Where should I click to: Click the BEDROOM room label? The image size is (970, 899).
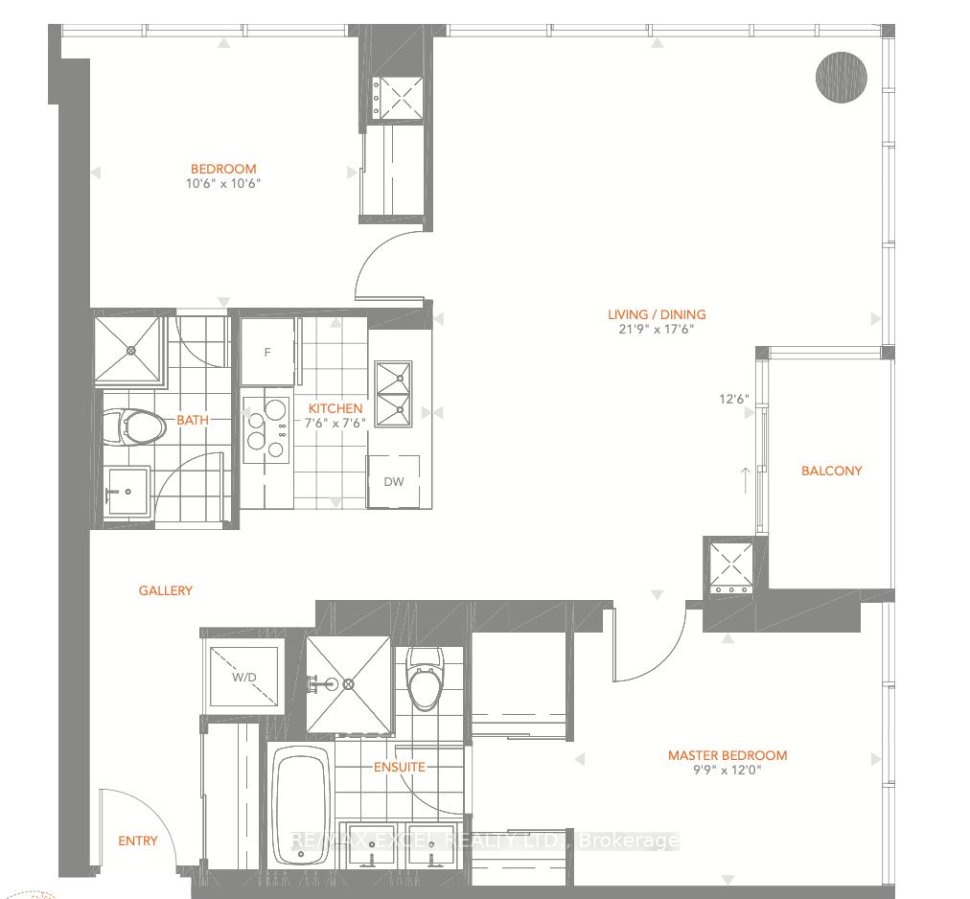click(x=223, y=169)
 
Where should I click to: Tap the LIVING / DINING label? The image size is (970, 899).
click(x=657, y=314)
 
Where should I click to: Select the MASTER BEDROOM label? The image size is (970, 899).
click(x=727, y=755)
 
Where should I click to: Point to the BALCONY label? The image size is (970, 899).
click(x=831, y=471)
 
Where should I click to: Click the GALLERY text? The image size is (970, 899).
click(x=165, y=591)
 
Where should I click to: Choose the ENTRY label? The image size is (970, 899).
click(x=138, y=841)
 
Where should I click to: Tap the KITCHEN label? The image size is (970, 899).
click(x=335, y=408)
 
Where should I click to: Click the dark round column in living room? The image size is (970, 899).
click(x=842, y=78)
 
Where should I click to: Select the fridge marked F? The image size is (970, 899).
click(x=267, y=352)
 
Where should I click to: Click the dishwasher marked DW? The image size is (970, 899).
click(x=393, y=481)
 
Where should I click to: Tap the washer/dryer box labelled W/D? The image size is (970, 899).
click(x=243, y=677)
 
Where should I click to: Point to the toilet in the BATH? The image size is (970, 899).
click(x=134, y=426)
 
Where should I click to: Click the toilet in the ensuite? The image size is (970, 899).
click(x=425, y=679)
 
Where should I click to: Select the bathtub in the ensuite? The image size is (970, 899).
click(x=301, y=807)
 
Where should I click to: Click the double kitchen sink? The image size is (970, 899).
click(x=393, y=394)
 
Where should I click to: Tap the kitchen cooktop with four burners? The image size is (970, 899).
click(x=266, y=430)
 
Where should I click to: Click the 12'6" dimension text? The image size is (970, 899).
click(x=733, y=399)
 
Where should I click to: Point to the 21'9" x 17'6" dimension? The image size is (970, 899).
click(x=657, y=329)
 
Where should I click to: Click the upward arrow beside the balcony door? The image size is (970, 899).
click(x=746, y=480)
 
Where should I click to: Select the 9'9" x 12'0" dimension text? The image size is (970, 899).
click(x=727, y=771)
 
